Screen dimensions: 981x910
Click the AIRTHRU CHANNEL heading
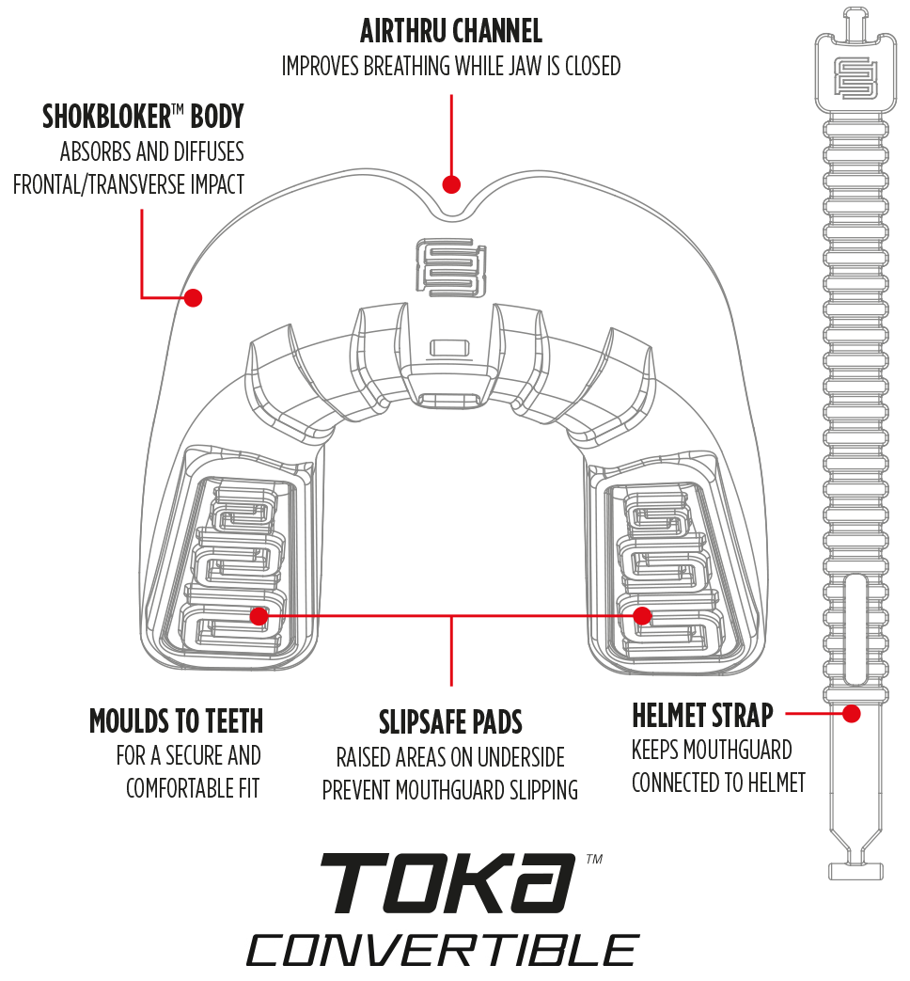pyautogui.click(x=451, y=32)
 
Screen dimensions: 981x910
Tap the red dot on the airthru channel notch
pyautogui.click(x=451, y=183)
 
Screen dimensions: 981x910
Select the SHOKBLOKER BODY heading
pyautogui.click(x=143, y=117)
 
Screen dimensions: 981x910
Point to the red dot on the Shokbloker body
pyautogui.click(x=193, y=297)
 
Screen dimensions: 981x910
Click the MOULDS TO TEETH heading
pyautogui.click(x=176, y=721)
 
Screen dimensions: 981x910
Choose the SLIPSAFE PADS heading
pyautogui.click(x=450, y=722)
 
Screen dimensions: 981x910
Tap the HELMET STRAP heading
pyautogui.click(x=702, y=716)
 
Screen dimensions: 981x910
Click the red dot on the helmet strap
pyautogui.click(x=852, y=714)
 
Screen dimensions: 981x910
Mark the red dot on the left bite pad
pyautogui.click(x=259, y=615)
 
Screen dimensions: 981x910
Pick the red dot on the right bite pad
pyautogui.click(x=642, y=615)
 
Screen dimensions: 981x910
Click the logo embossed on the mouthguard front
pyautogui.click(x=451, y=269)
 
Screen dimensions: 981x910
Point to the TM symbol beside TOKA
pyautogui.click(x=593, y=860)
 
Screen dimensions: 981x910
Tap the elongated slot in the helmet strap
pyautogui.click(x=854, y=630)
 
